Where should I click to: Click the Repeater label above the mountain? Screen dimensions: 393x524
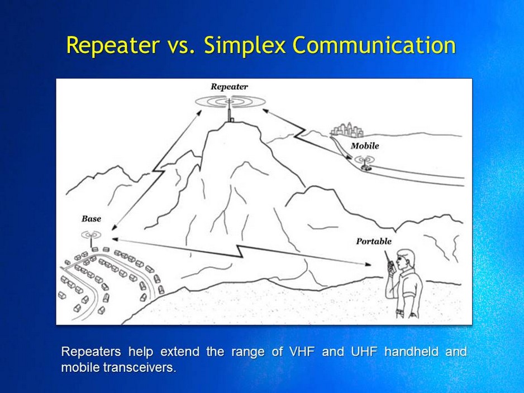[x=229, y=87]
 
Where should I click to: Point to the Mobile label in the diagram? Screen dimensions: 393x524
[x=365, y=146]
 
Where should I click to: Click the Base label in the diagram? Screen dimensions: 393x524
[x=91, y=219]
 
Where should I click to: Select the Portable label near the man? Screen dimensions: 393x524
[x=374, y=241]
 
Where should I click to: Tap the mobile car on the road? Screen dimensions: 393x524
[x=366, y=166]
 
